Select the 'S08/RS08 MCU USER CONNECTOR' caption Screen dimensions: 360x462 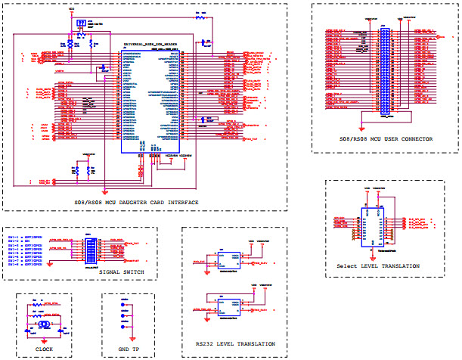pyautogui.click(x=386, y=140)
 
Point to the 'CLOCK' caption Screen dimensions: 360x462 pyautogui.click(x=45, y=349)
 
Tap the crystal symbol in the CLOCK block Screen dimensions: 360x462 pyautogui.click(x=45, y=323)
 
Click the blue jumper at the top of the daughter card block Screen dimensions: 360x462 pyautogui.click(x=80, y=26)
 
